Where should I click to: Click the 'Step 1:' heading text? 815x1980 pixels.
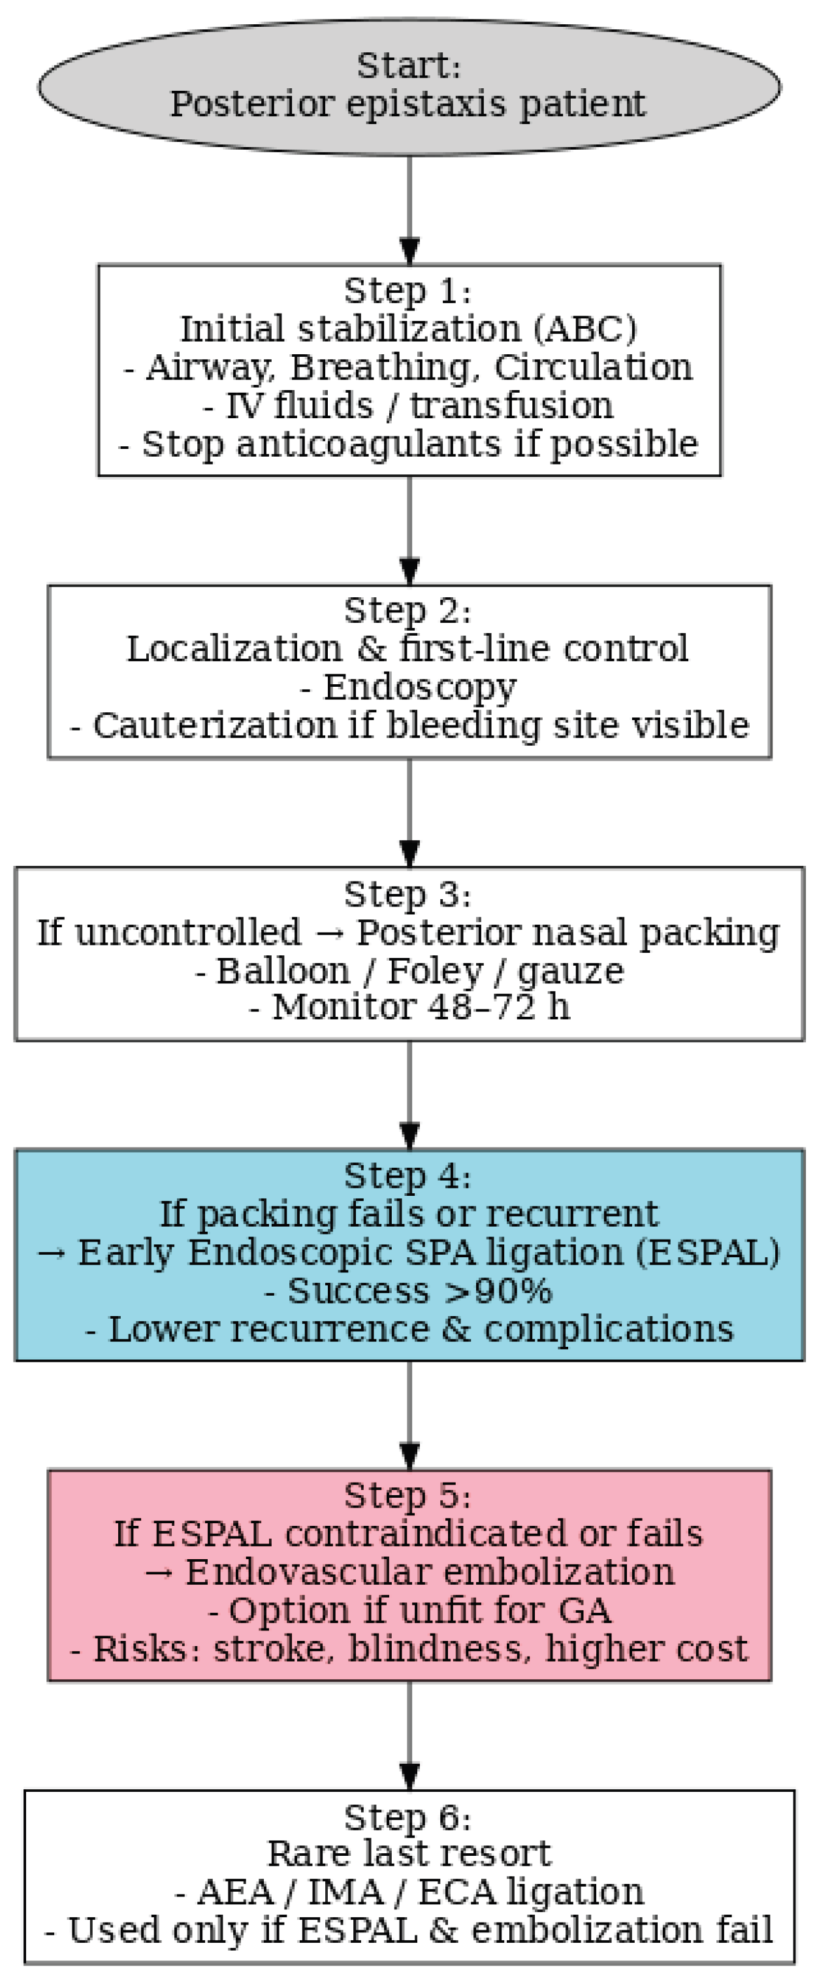[407, 291]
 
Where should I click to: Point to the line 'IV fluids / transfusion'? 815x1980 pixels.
[408, 406]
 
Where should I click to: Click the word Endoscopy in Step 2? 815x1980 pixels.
[419, 687]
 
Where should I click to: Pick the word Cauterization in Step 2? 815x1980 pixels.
[214, 725]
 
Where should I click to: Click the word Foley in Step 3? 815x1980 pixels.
[430, 971]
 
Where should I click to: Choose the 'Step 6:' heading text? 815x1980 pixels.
[407, 1818]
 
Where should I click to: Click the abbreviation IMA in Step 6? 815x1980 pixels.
[345, 1892]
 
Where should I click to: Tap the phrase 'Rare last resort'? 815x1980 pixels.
[409, 1853]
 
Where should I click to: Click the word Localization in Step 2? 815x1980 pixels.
[234, 650]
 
